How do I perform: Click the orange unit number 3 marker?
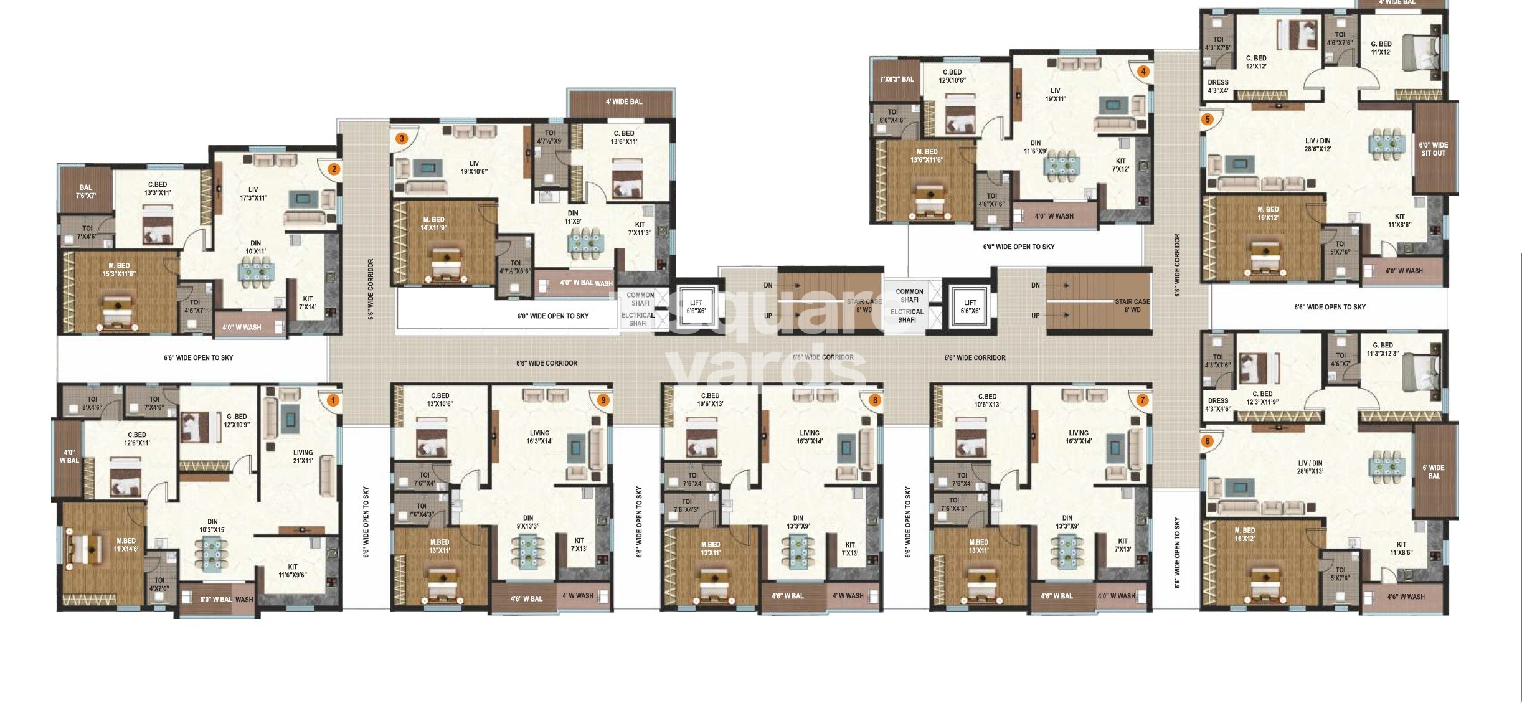pos(402,138)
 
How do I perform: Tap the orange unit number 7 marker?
pos(1142,400)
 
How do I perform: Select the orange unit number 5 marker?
pos(1208,119)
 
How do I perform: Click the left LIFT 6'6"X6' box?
pos(696,306)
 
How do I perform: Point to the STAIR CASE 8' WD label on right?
pos(1132,305)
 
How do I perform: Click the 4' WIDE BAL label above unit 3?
pos(623,101)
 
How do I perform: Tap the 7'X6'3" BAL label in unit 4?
pos(896,79)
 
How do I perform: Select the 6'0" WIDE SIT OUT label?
pos(1433,149)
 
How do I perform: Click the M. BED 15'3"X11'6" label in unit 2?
pos(119,270)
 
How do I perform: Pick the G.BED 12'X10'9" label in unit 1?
pos(237,420)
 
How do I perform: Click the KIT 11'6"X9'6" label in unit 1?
pos(292,571)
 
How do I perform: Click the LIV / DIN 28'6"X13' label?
pos(1310,467)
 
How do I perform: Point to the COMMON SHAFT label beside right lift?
pos(909,295)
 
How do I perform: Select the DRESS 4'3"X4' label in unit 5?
pos(1217,86)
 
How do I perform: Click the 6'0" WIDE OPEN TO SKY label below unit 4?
pos(1018,247)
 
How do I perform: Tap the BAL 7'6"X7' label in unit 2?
pos(85,191)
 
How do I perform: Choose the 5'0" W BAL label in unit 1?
pos(215,600)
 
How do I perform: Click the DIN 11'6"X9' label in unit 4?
pos(1035,147)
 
